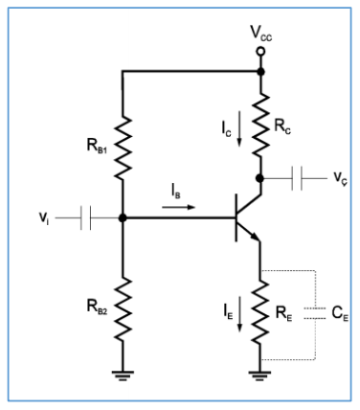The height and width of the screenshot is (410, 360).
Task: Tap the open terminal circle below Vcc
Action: [x=259, y=70]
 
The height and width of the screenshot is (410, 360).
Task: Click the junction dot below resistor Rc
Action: [x=259, y=178]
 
